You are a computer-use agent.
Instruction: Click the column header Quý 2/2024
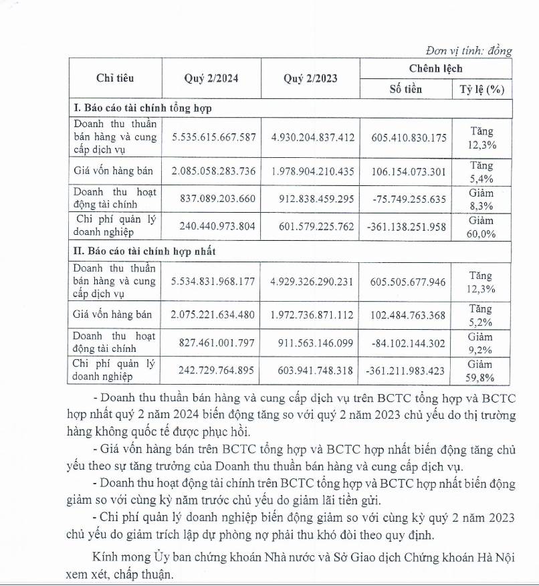pyautogui.click(x=211, y=78)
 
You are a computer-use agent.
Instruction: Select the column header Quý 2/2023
pyautogui.click(x=310, y=78)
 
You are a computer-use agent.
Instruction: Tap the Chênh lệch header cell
pyautogui.click(x=435, y=68)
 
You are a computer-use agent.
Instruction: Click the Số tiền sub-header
pyautogui.click(x=406, y=89)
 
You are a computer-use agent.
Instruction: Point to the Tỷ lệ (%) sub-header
pyautogui.click(x=481, y=89)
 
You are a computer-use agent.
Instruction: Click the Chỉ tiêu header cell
pyautogui.click(x=115, y=78)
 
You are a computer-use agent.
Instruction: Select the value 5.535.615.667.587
pyautogui.click(x=213, y=136)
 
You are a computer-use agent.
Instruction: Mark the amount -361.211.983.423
pyautogui.click(x=407, y=371)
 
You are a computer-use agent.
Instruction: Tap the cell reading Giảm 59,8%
pyautogui.click(x=481, y=371)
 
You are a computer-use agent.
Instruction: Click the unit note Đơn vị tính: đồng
pyautogui.click(x=469, y=51)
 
